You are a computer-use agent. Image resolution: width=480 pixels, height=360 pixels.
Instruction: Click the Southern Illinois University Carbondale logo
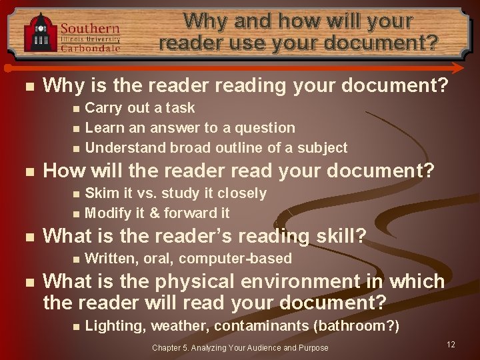[72, 32]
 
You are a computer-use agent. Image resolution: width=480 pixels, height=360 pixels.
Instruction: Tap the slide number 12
[451, 345]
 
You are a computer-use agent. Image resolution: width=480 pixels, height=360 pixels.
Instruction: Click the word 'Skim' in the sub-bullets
[101, 193]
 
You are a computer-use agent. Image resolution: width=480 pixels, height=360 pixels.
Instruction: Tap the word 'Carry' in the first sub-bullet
[102, 108]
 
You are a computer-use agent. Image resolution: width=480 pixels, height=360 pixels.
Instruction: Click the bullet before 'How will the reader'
[26, 171]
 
